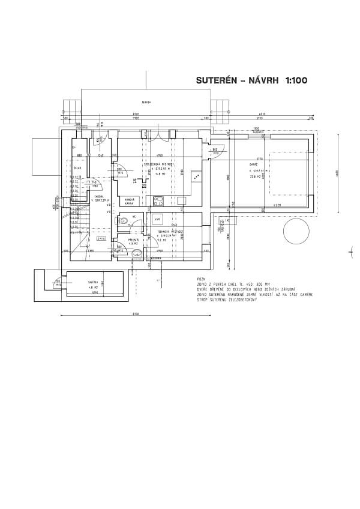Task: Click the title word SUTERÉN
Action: [215, 80]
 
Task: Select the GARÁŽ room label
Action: [254, 164]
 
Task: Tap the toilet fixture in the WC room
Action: [123, 221]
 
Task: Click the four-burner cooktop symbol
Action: [158, 200]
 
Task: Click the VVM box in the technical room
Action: [158, 218]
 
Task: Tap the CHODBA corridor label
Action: [99, 196]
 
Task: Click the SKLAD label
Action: [77, 168]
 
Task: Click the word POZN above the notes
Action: [200, 280]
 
